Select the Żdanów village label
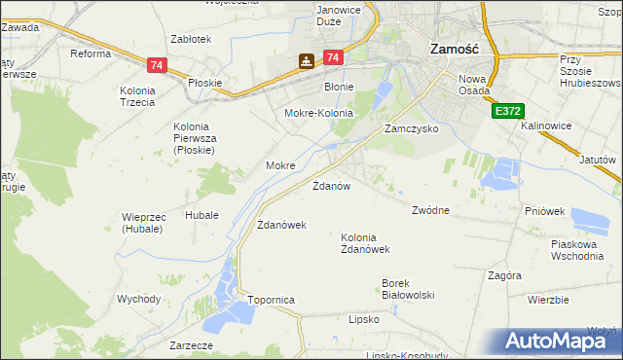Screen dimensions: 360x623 click(x=331, y=184)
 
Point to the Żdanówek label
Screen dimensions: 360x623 click(x=281, y=225)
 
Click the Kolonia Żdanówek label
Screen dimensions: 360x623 click(x=365, y=242)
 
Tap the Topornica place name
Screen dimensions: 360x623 click(x=271, y=301)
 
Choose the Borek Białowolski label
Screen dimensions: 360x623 click(x=407, y=289)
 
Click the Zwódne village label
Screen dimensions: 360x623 click(x=430, y=210)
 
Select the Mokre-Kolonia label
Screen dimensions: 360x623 click(x=317, y=114)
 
